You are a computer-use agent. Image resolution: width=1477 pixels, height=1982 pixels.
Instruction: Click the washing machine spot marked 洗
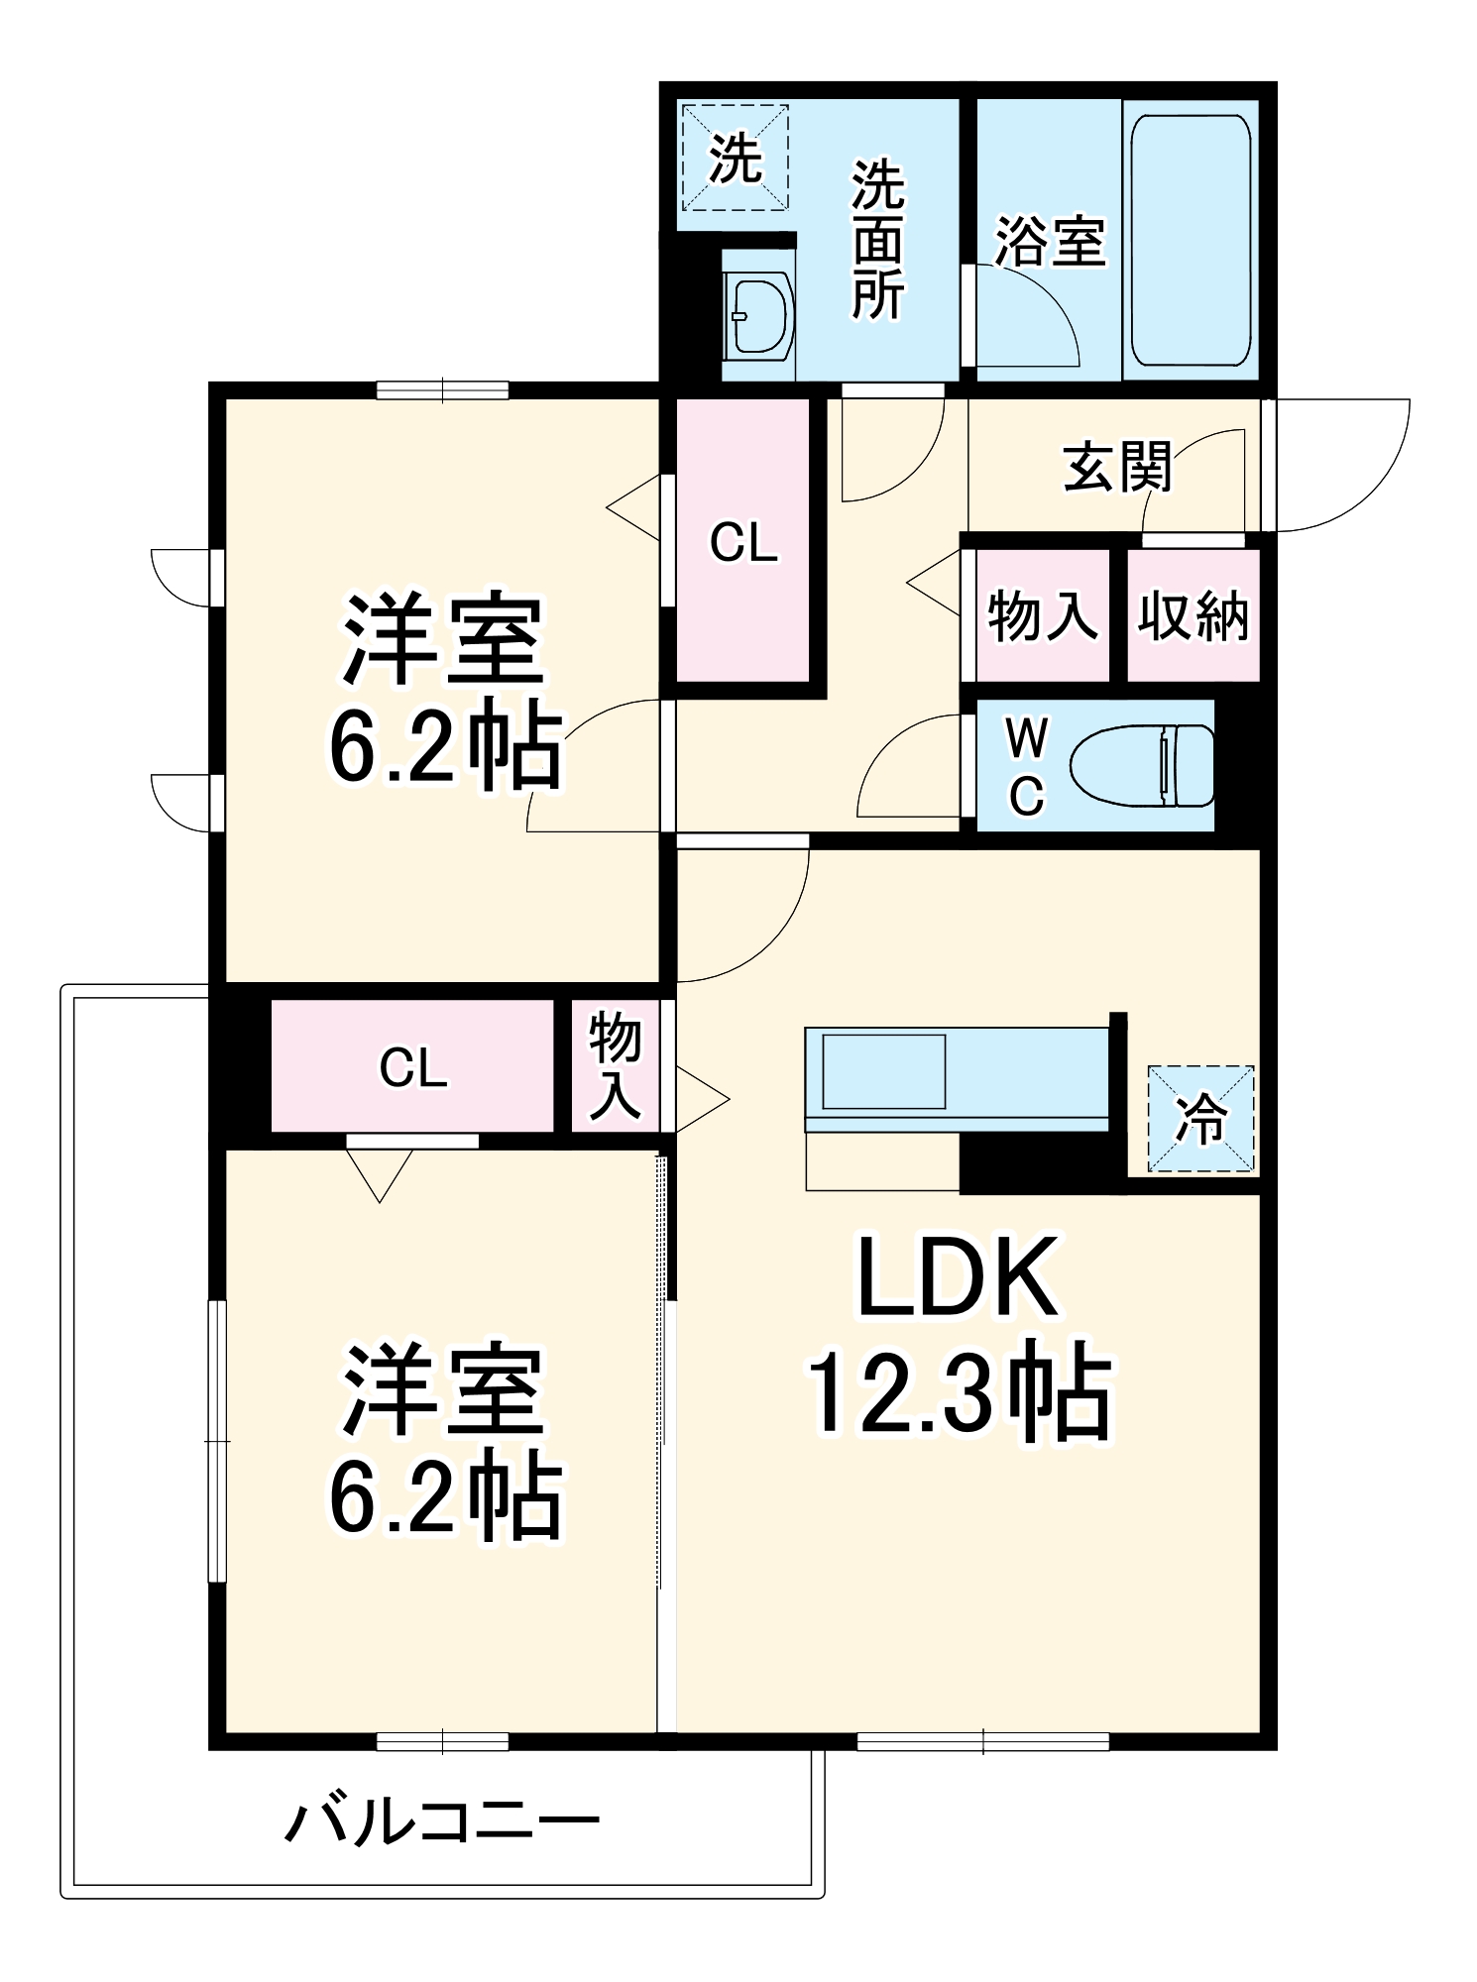tap(735, 158)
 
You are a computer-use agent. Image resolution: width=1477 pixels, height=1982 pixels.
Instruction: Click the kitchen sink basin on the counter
tap(883, 1071)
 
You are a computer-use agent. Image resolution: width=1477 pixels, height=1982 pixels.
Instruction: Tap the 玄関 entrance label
tap(1117, 467)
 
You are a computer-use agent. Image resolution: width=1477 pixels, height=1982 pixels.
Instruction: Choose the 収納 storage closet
tap(1193, 616)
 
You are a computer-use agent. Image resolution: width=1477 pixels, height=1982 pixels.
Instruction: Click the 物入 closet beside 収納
tap(1042, 616)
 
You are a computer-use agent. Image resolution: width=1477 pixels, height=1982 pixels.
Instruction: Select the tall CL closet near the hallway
tap(743, 542)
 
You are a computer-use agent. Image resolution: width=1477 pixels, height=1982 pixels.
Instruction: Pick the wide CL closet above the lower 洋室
tap(412, 1066)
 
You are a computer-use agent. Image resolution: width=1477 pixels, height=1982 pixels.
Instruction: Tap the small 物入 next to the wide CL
tap(615, 1066)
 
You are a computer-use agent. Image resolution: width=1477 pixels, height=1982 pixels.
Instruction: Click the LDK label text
tap(957, 1278)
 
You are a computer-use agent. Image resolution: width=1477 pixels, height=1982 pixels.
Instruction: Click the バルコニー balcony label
tap(442, 1821)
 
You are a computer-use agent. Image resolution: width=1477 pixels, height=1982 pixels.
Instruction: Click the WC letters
tap(1026, 766)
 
